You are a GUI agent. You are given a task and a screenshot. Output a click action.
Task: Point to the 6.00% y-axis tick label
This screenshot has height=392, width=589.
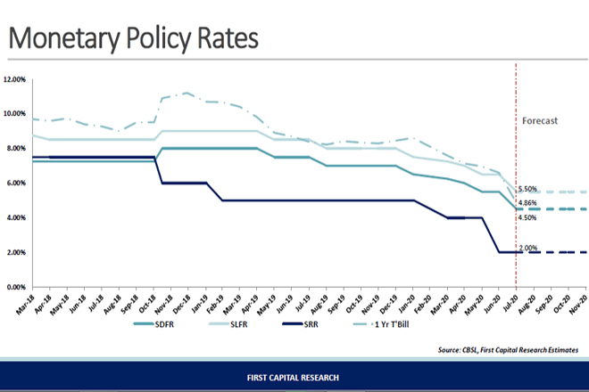point(18,184)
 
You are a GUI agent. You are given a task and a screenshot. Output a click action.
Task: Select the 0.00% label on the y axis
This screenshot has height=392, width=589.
point(18,288)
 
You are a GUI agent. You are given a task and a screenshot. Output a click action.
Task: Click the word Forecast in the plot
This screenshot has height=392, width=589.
point(540,120)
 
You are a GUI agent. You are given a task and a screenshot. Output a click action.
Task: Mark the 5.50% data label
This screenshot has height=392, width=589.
point(527,190)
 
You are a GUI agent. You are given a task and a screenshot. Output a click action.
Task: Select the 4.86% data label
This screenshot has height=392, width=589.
point(527,204)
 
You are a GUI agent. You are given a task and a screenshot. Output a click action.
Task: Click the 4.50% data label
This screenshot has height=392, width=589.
point(527,218)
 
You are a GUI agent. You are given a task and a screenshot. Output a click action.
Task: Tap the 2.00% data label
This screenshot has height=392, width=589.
point(527,247)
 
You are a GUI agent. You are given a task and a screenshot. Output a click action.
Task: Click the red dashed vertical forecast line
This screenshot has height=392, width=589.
point(514,160)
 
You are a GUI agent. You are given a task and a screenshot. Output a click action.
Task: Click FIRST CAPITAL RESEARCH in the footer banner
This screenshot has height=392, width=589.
point(294,377)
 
